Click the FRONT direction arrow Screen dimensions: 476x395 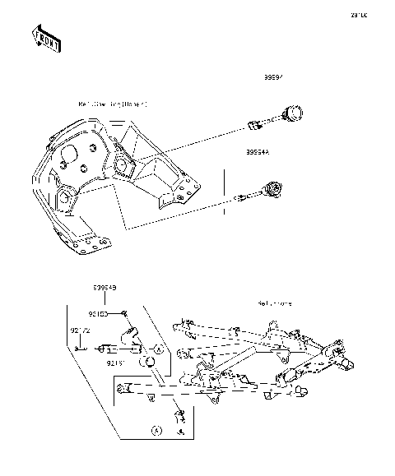click(x=46, y=39)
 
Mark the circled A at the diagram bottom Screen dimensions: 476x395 click(x=154, y=430)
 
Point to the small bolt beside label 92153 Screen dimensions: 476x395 click(x=122, y=314)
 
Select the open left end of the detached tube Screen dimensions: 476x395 click(x=121, y=387)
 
